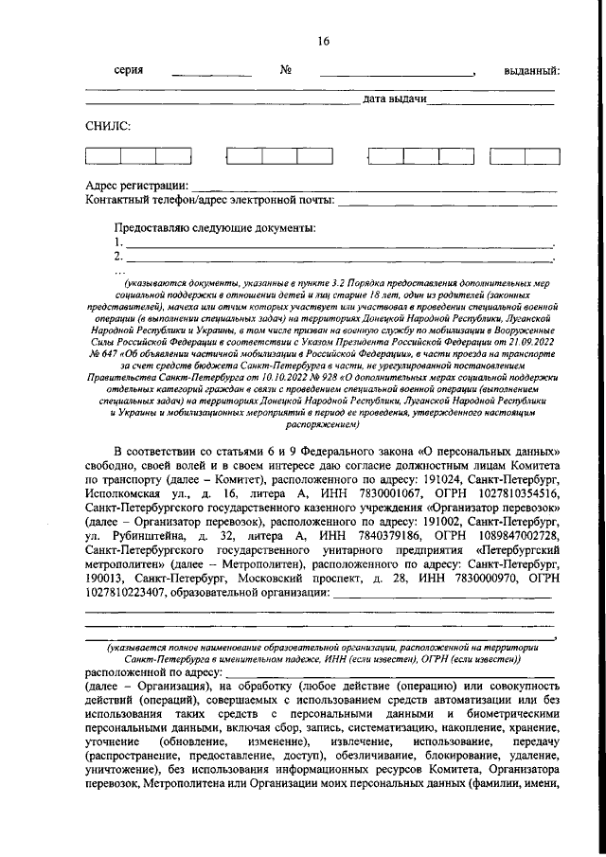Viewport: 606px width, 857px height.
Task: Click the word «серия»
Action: [129, 71]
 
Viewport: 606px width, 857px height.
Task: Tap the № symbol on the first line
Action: [286, 71]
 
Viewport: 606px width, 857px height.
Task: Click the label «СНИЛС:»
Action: [107, 125]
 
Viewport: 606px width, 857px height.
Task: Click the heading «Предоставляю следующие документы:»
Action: [214, 227]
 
